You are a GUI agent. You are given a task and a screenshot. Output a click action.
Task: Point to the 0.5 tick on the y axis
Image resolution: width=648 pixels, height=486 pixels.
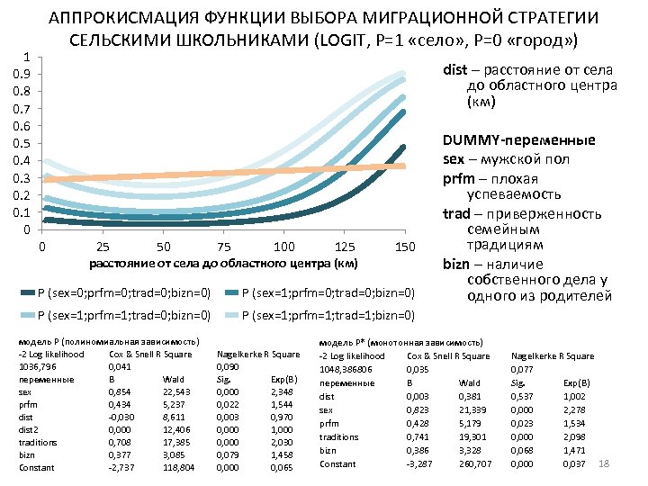tap(29, 143)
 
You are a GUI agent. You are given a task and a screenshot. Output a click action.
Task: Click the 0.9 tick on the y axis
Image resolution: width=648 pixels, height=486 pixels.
tap(29, 74)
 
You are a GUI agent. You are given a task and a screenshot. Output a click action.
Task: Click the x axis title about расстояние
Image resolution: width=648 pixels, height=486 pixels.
tap(223, 264)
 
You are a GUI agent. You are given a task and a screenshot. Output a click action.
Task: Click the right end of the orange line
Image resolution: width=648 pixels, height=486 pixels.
tap(404, 166)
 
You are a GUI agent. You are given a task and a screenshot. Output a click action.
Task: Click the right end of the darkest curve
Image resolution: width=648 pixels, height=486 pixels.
tap(404, 147)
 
